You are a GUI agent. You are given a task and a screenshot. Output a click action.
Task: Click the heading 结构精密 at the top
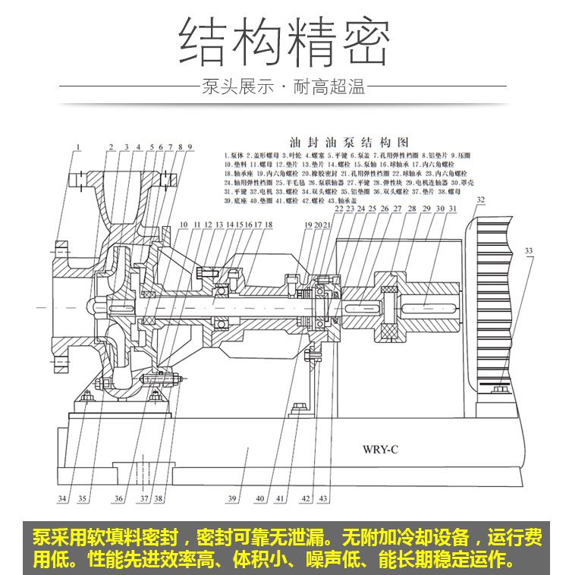[x=284, y=40]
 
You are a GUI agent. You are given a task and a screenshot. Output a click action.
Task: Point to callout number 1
[x=77, y=146]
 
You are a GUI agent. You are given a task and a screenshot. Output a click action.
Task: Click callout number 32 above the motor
[x=479, y=200]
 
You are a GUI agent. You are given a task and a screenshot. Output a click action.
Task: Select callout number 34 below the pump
[x=63, y=498]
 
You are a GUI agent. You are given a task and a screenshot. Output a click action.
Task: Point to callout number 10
[x=184, y=225]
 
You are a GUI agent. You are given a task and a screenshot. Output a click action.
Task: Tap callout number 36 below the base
[x=118, y=498]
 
